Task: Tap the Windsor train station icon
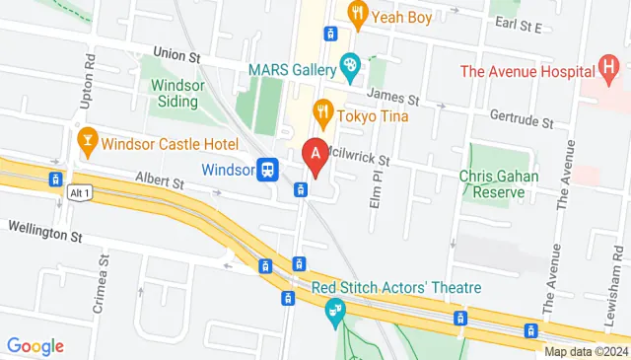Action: click(x=266, y=169)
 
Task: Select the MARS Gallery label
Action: click(x=293, y=67)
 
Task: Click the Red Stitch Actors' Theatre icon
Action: click(x=334, y=311)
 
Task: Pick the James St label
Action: click(x=393, y=99)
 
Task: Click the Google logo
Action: click(x=35, y=346)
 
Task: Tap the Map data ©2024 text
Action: click(x=586, y=351)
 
